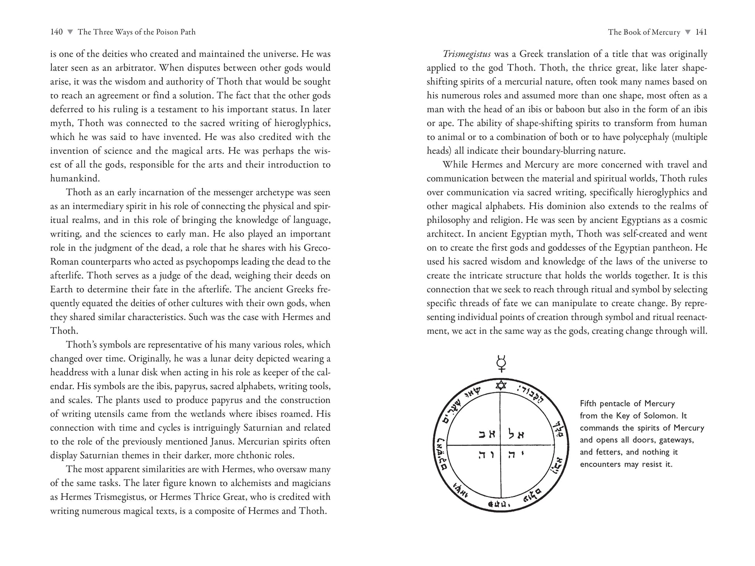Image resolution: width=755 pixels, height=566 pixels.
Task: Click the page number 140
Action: (x=56, y=32)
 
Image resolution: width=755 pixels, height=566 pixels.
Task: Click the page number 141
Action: (x=701, y=32)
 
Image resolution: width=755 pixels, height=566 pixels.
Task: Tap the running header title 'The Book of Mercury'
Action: (x=644, y=32)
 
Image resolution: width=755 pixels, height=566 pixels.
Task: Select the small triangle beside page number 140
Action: (x=70, y=32)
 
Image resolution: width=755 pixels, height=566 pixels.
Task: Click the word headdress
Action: (x=68, y=373)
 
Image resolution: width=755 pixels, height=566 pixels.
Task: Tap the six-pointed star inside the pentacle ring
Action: (x=501, y=385)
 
